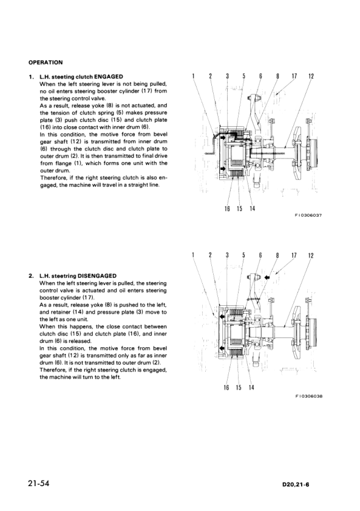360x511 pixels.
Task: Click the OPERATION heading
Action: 45,61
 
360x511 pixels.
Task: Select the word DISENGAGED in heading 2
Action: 95,276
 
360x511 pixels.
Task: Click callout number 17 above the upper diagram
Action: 294,76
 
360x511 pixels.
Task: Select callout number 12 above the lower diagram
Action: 311,256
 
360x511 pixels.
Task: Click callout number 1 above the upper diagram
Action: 192,76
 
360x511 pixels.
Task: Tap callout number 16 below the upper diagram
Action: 226,209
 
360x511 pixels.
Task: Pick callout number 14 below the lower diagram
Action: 251,387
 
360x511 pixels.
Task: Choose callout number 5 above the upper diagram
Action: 243,76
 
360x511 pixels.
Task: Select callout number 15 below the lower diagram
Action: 239,387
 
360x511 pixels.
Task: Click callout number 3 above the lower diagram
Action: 226,256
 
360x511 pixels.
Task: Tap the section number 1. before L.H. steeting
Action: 31,76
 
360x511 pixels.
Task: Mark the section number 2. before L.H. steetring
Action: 31,276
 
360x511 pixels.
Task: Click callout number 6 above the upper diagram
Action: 260,76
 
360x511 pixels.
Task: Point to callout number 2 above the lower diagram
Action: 210,256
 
